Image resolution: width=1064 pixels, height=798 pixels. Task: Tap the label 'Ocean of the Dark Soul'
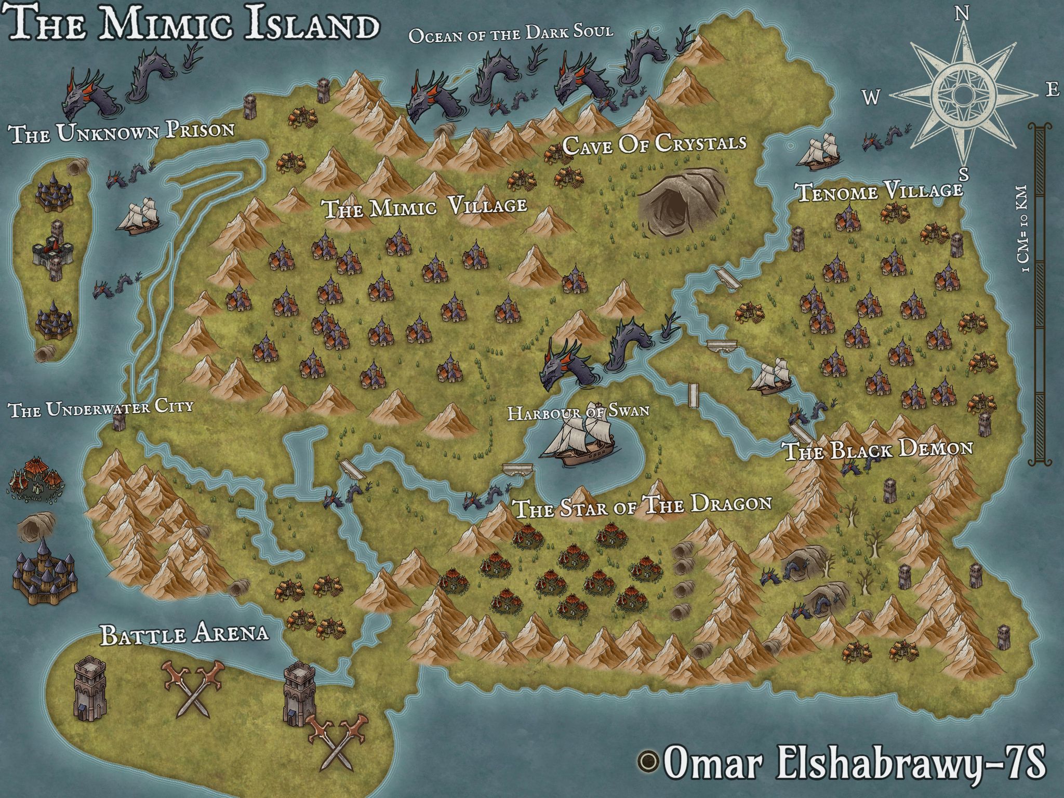tap(511, 34)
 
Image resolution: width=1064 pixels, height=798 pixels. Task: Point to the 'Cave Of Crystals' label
tap(655, 144)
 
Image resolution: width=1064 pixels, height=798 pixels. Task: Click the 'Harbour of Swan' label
tap(578, 412)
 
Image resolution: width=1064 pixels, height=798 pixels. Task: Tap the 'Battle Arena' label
tap(185, 634)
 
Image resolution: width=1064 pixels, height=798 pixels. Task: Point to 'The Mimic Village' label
tap(425, 207)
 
